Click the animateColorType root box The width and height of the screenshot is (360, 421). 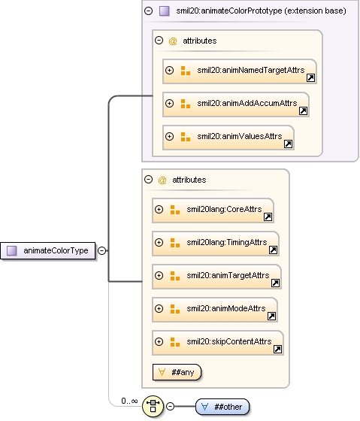coord(48,251)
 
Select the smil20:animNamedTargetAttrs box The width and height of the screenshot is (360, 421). coord(240,71)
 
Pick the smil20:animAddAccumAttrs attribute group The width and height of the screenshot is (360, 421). coord(236,104)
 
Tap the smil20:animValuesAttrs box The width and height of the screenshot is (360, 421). coord(228,138)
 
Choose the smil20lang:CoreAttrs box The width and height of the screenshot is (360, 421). coord(213,210)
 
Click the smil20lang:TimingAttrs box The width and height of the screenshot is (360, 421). coord(216,244)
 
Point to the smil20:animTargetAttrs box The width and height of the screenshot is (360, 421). coord(216,277)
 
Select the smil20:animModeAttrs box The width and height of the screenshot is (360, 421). coord(215,310)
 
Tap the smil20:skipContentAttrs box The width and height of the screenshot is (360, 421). coord(218,343)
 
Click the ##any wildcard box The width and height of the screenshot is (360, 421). coord(177,372)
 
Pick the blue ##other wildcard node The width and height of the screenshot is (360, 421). coord(222,407)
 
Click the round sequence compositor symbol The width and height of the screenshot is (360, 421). coord(153,406)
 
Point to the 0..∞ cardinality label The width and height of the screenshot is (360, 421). coord(129,401)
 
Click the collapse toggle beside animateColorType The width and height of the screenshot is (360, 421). coord(101,250)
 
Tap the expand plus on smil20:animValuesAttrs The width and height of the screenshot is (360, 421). coord(169,136)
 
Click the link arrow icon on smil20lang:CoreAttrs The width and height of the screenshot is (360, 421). coord(268,217)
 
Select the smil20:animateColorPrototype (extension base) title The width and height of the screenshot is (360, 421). coord(261,11)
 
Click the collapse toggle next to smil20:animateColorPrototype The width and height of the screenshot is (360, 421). coord(149,11)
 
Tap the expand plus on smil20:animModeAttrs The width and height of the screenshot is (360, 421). coord(159,308)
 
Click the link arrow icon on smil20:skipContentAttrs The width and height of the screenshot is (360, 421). coord(277,349)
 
